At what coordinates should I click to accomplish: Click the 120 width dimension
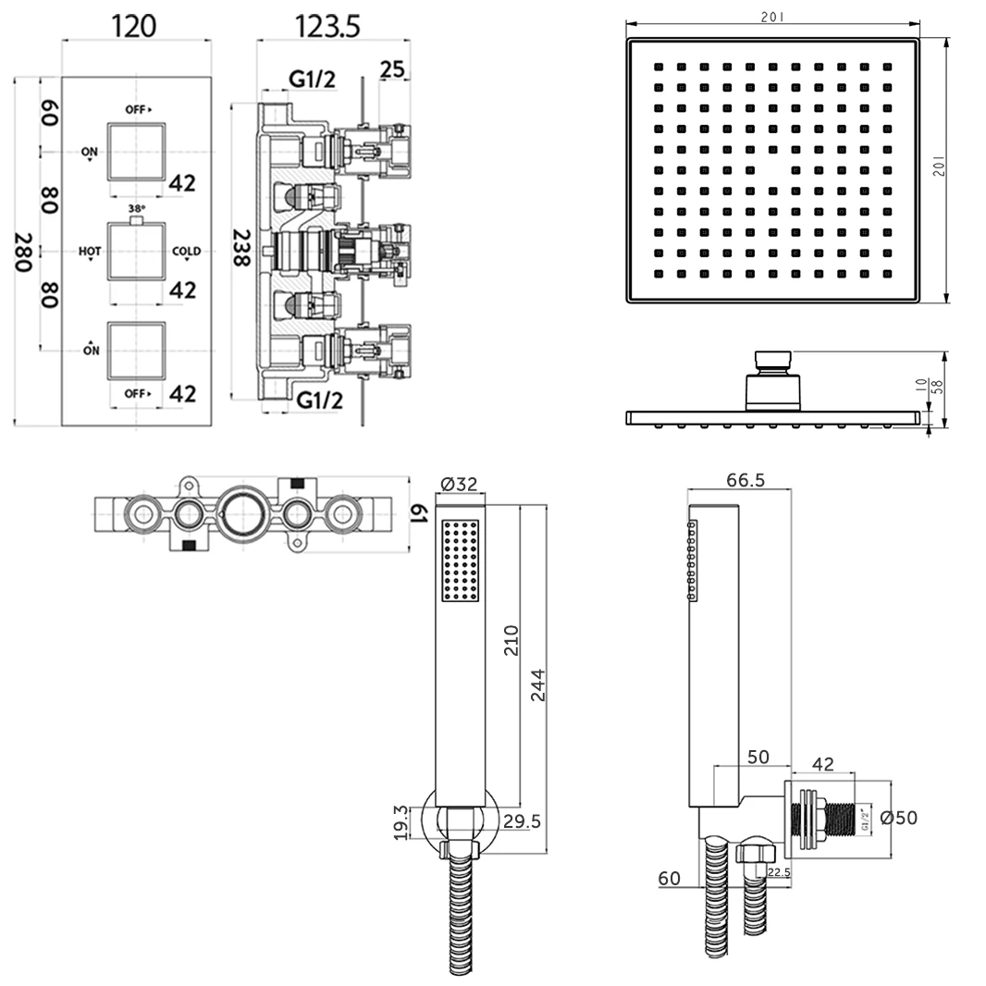[133, 25]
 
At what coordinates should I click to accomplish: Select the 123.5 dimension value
[327, 25]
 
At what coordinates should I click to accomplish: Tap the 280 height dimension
[24, 253]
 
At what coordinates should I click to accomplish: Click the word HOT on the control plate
[90, 251]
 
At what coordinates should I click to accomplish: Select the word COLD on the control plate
[186, 251]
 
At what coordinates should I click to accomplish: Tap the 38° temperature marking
[136, 209]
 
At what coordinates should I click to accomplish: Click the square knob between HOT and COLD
[137, 251]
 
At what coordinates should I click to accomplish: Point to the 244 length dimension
[538, 684]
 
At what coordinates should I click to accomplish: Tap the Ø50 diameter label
[898, 818]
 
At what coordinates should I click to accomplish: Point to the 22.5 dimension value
[779, 871]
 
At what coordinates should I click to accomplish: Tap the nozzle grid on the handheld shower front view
[461, 561]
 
